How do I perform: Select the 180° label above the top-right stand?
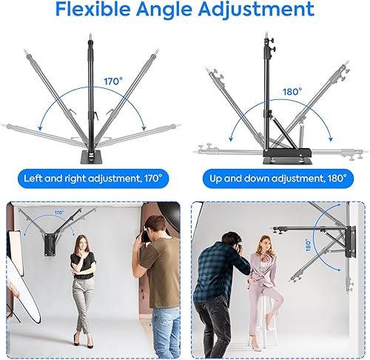(292, 92)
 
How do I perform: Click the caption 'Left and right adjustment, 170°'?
(91, 179)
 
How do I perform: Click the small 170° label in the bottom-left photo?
(58, 213)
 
